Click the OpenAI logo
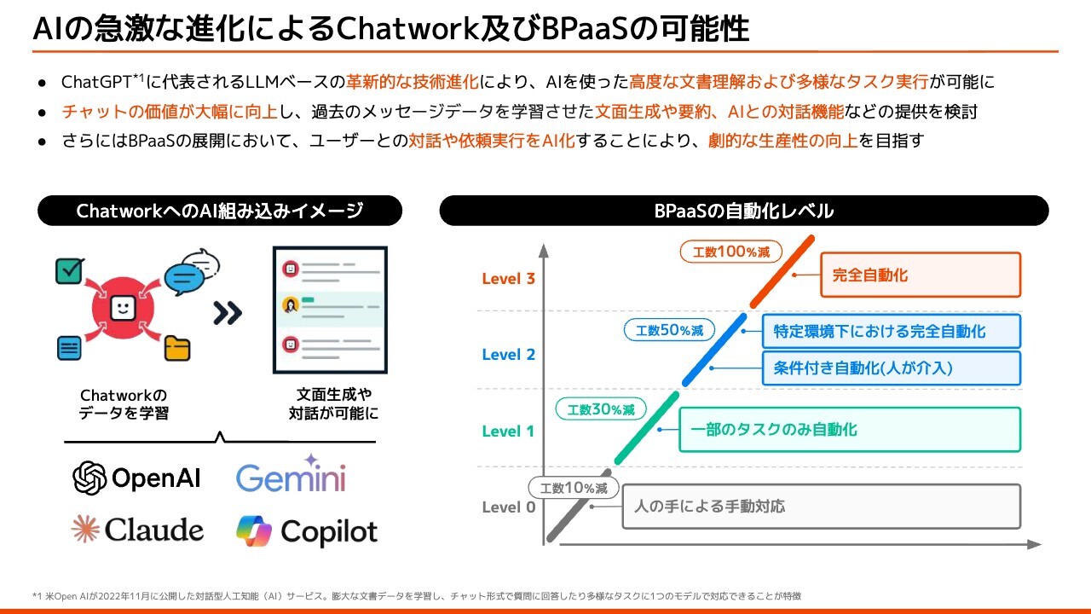coord(137,478)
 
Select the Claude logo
coord(137,530)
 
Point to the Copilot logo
coord(307,531)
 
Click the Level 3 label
coord(508,279)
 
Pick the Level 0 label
coord(508,507)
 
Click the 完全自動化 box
coord(921,275)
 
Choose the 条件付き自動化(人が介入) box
coord(891,368)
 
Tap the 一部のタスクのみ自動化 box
coord(850,430)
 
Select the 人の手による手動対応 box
coord(822,507)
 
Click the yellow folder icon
coord(177,348)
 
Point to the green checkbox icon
coord(68,270)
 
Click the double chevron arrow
coord(228,313)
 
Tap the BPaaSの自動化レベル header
coord(743,211)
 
